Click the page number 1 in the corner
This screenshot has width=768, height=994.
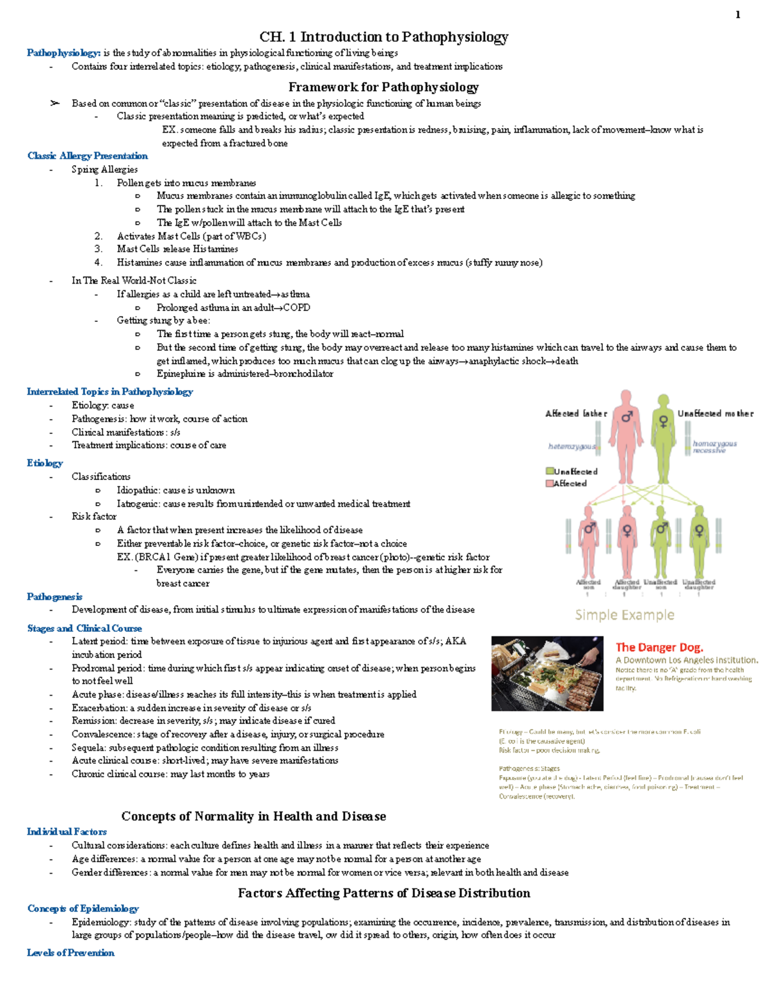click(x=738, y=15)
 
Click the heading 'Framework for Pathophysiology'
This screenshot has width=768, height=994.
click(x=383, y=87)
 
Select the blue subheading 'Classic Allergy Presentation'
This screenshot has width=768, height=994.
click(x=88, y=156)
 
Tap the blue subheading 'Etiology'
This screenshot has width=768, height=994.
click(x=45, y=463)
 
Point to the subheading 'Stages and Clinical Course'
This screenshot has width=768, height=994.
click(x=84, y=628)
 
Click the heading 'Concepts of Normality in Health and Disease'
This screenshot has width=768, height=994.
click(x=253, y=816)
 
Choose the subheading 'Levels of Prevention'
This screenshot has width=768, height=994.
click(x=70, y=952)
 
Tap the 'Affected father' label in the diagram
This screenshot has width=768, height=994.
click(x=576, y=413)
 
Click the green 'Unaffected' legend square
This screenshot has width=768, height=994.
click(x=550, y=471)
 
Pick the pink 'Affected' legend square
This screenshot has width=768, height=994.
click(x=550, y=483)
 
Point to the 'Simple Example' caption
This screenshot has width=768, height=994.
click(x=624, y=615)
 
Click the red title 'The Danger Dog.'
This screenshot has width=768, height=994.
click(x=659, y=647)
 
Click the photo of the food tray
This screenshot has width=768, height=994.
click(x=547, y=673)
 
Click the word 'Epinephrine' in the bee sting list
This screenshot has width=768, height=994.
click(x=181, y=374)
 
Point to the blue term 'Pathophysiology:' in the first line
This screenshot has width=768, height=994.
click(x=63, y=52)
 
